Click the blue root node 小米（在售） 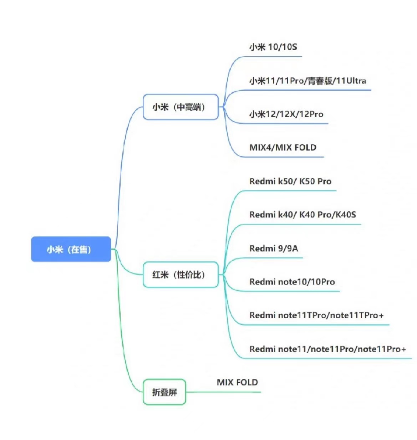click(x=71, y=249)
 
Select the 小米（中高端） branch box click(x=180, y=107)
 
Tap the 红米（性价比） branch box click(x=180, y=275)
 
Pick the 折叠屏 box click(x=164, y=392)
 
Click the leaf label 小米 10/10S click(x=273, y=47)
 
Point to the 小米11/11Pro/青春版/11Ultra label click(x=307, y=81)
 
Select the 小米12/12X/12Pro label click(x=286, y=114)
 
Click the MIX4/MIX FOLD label click(x=283, y=148)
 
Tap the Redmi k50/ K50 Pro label click(x=290, y=181)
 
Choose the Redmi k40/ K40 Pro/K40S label click(x=302, y=215)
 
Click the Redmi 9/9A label click(x=273, y=249)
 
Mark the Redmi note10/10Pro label click(x=292, y=282)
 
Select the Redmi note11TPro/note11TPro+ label click(x=316, y=316)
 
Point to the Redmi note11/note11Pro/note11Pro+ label click(x=327, y=349)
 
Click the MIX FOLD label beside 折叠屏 click(x=237, y=383)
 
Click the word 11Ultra click(x=351, y=81)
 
